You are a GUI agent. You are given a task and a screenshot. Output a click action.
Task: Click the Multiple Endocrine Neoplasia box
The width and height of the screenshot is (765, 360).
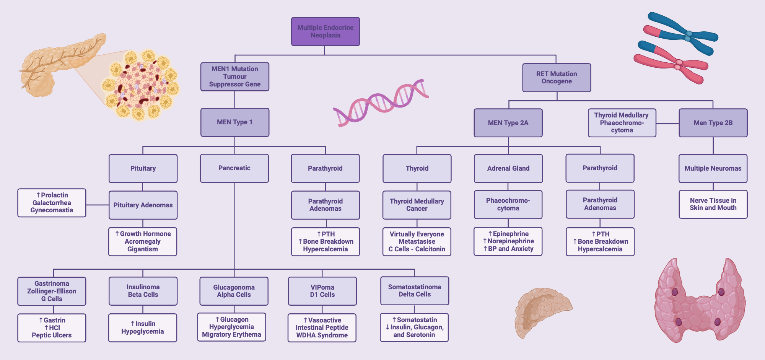tap(325, 31)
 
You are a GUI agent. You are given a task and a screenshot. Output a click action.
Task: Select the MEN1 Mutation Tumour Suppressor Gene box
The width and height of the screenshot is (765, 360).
tap(234, 77)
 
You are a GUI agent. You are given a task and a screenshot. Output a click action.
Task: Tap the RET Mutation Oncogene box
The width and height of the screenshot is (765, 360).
tap(557, 78)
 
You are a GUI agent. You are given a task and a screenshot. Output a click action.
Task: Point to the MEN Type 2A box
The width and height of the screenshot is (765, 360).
tap(508, 123)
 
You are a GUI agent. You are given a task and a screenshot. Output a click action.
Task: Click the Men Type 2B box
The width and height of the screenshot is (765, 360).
tap(713, 123)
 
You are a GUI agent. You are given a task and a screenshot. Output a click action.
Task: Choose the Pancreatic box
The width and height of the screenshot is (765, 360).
tap(234, 168)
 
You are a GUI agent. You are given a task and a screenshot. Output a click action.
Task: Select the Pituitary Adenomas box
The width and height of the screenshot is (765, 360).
tap(143, 205)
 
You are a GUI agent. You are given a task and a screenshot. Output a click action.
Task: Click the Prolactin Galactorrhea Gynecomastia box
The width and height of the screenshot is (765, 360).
tap(52, 203)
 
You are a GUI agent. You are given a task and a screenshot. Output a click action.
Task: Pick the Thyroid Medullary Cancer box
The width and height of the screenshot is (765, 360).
tap(417, 205)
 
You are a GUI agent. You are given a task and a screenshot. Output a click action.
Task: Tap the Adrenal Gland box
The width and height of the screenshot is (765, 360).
tap(508, 168)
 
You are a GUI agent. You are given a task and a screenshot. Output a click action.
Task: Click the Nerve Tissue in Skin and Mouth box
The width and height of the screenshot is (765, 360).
tap(713, 204)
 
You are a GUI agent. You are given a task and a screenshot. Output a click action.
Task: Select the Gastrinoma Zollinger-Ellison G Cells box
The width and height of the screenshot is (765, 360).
tap(52, 291)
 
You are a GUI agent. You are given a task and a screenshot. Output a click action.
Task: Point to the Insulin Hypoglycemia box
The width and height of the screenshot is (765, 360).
tap(143, 327)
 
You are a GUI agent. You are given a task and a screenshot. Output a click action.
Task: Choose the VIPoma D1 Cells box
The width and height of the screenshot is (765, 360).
tap(322, 291)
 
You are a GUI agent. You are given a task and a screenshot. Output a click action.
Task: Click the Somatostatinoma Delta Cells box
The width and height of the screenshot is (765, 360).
tap(415, 291)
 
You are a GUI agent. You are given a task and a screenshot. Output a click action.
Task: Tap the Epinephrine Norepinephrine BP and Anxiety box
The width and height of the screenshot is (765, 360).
tap(508, 241)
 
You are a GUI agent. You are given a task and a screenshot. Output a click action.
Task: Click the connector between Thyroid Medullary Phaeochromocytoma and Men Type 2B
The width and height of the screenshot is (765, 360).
tap(667, 124)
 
